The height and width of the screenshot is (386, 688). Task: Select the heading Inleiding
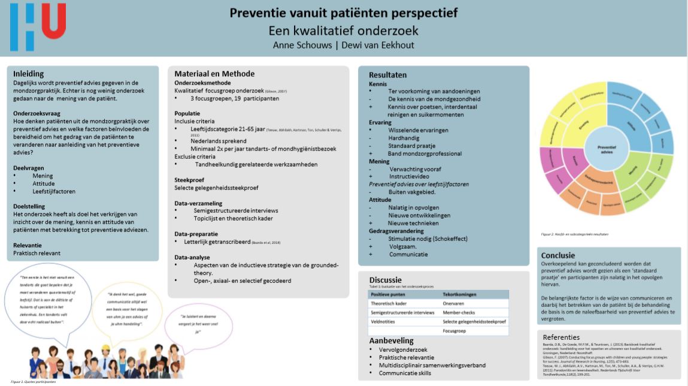coord(29,74)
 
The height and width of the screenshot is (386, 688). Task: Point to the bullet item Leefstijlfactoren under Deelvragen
coord(54,191)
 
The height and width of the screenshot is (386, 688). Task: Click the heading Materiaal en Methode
coord(214,74)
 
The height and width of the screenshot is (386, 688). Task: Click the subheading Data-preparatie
coord(196,233)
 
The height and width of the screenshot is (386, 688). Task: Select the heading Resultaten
coord(388,75)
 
